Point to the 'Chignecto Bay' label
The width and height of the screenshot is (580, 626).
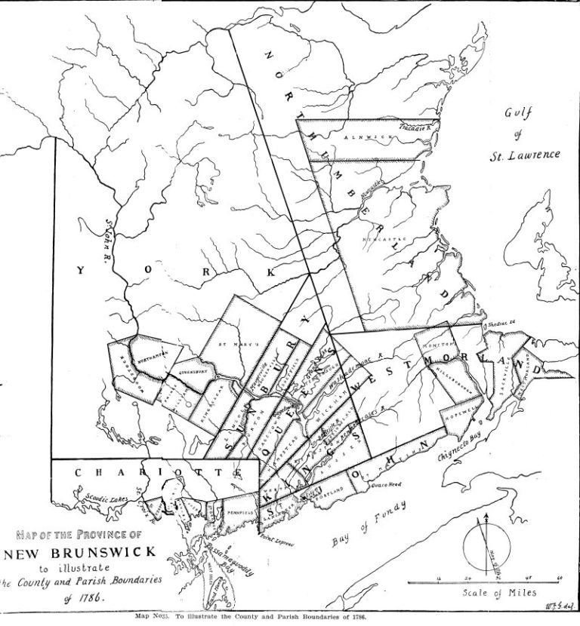pos(461,444)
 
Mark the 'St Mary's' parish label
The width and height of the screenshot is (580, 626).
pos(228,345)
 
